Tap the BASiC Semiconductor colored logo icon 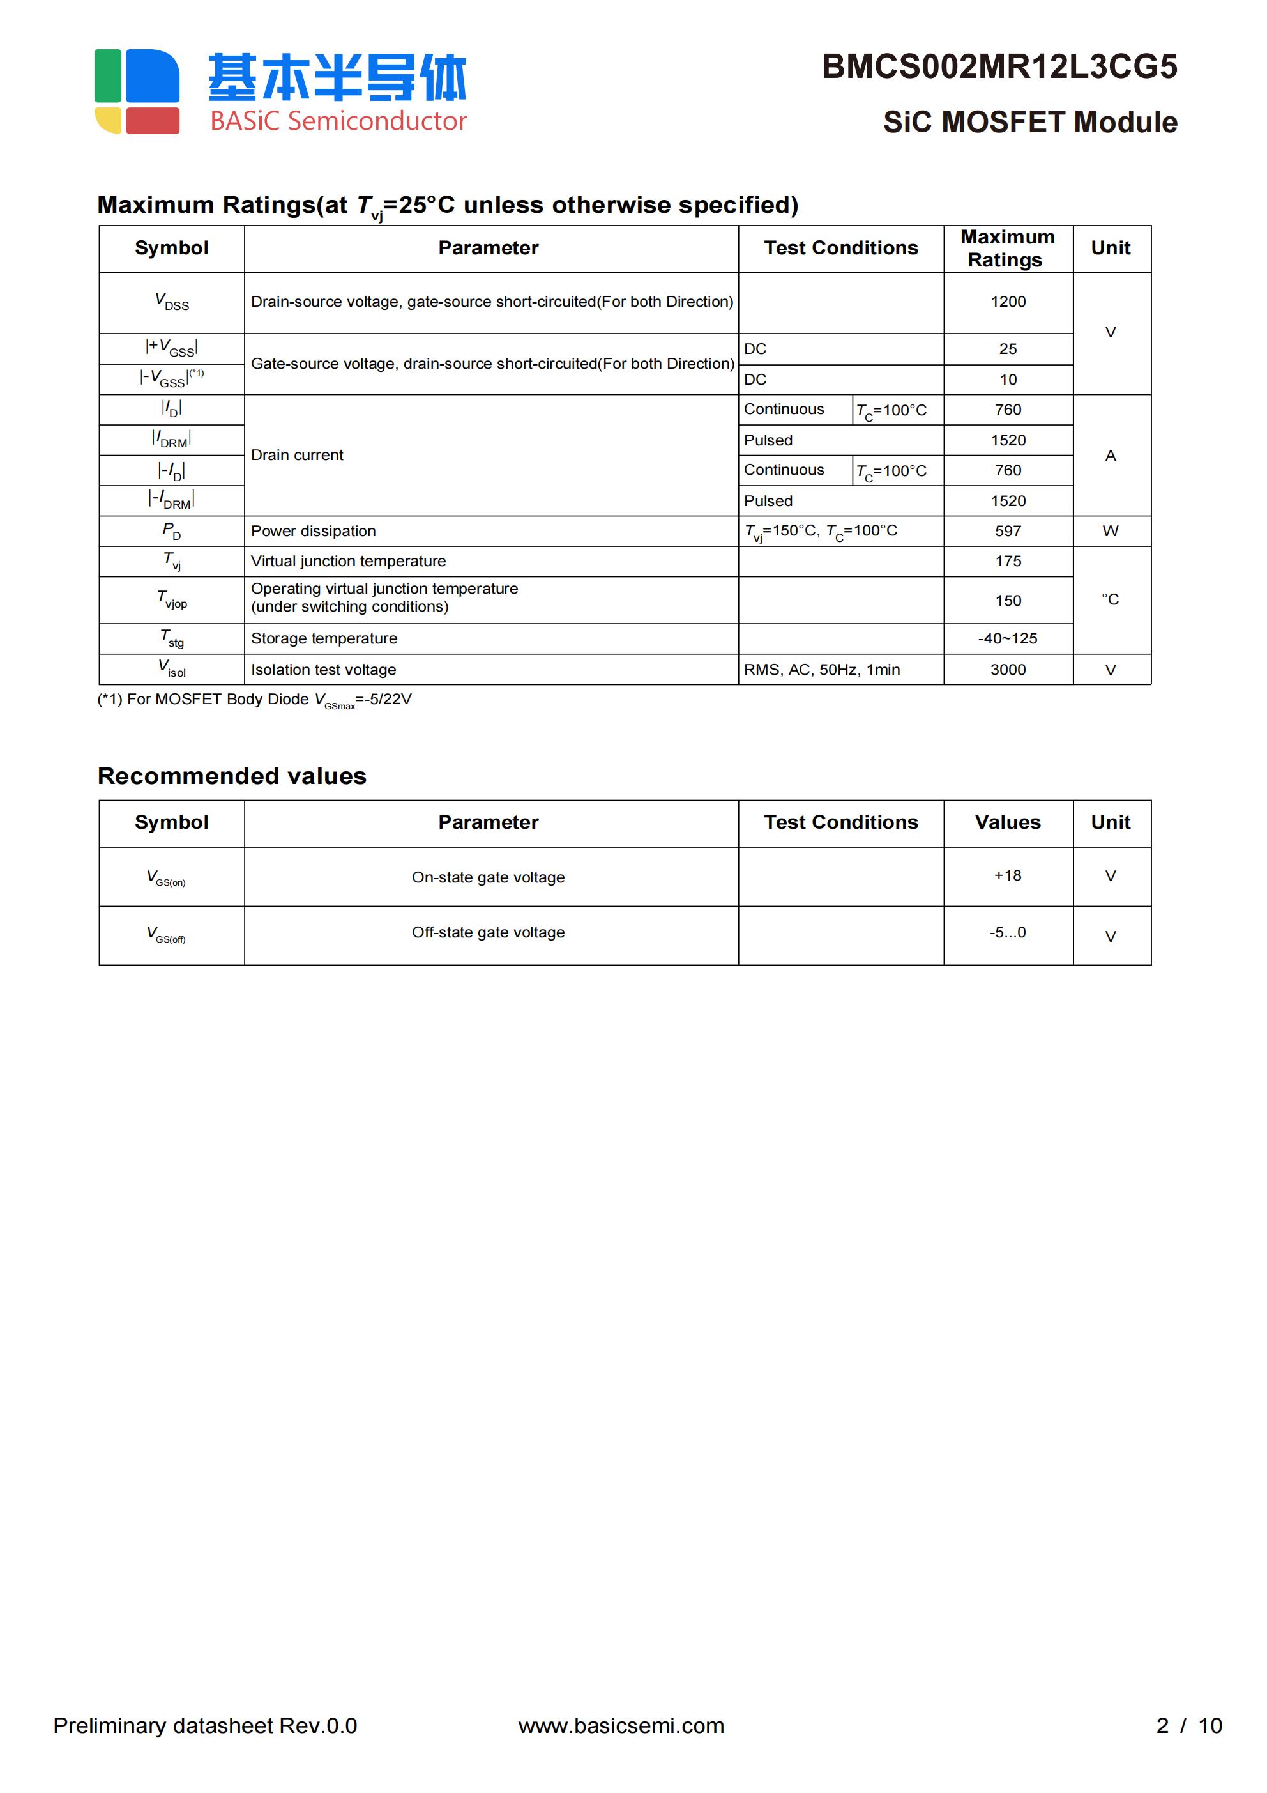(x=137, y=91)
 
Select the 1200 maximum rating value (x=1007, y=302)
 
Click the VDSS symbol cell (x=172, y=302)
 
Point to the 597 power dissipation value (x=1007, y=531)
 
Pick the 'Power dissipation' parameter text (x=313, y=531)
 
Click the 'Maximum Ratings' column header (x=1007, y=249)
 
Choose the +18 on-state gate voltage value (x=1007, y=875)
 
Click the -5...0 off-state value (x=1007, y=932)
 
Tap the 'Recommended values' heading (x=232, y=776)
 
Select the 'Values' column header (x=1007, y=822)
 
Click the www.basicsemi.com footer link (x=621, y=1725)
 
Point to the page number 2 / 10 (x=1188, y=1725)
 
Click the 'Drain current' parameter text (x=297, y=455)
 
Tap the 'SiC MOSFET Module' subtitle (x=1029, y=123)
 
